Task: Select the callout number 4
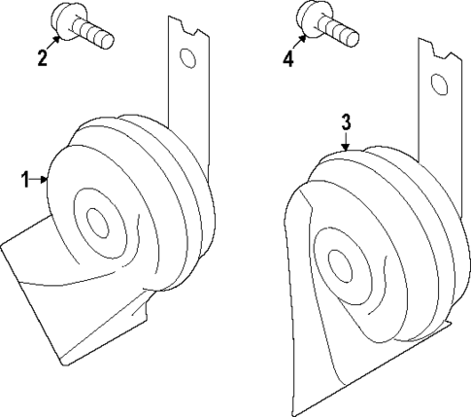point(288,58)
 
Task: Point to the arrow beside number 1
point(41,178)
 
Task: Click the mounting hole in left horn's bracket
point(189,60)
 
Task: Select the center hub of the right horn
point(340,265)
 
